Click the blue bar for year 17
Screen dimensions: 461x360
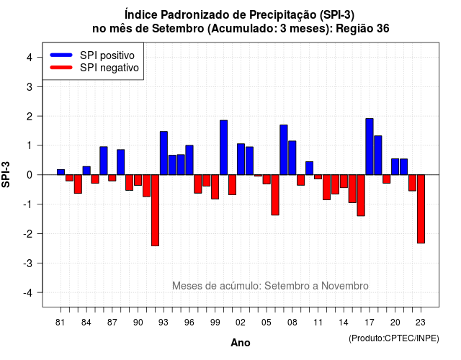pyautogui.click(x=370, y=147)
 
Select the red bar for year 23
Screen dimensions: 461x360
pyautogui.click(x=421, y=209)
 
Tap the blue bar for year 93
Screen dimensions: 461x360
pyautogui.click(x=164, y=153)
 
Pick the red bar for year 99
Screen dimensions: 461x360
pyautogui.click(x=215, y=187)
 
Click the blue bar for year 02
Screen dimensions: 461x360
pyautogui.click(x=241, y=159)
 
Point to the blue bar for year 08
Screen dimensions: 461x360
pyautogui.click(x=292, y=158)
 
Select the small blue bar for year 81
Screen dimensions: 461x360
pyautogui.click(x=61, y=172)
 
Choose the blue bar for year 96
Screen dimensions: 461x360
pyautogui.click(x=189, y=160)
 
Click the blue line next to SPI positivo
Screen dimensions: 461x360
pyautogui.click(x=61, y=55)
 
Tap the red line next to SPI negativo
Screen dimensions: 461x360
pyautogui.click(x=61, y=67)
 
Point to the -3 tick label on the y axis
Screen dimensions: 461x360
pyautogui.click(x=28, y=263)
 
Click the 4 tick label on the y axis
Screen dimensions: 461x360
pyautogui.click(x=30, y=57)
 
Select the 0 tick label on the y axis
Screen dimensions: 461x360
pyautogui.click(x=30, y=175)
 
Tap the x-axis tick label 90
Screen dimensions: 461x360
pyautogui.click(x=138, y=323)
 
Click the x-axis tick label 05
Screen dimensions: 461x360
pyautogui.click(x=267, y=323)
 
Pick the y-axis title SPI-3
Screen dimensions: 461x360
pyautogui.click(x=6, y=174)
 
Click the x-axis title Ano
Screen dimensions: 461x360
pyautogui.click(x=241, y=343)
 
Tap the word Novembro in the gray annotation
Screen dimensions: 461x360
pyautogui.click(x=344, y=286)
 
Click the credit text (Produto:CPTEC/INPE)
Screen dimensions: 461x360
pyautogui.click(x=394, y=338)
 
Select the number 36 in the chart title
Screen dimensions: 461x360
pyautogui.click(x=382, y=29)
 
